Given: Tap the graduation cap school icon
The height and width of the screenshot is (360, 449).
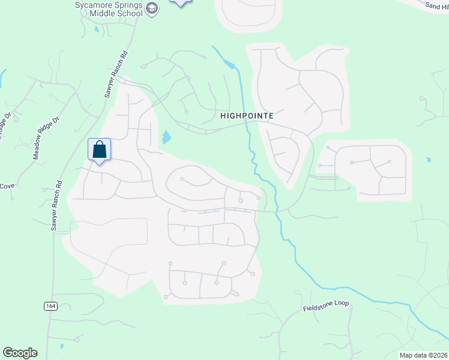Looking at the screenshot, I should click(x=152, y=8).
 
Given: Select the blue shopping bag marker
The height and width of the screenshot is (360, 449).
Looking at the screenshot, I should click(x=100, y=150).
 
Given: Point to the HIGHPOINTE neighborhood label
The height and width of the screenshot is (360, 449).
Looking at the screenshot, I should click(x=247, y=115).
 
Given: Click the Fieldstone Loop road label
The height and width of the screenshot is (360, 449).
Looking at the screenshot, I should click(x=325, y=304).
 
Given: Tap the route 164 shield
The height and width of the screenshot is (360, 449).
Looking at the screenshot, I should click(x=50, y=306).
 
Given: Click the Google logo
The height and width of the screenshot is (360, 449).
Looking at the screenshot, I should click(x=20, y=353).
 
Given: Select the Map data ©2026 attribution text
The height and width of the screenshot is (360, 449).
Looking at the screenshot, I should click(x=423, y=355).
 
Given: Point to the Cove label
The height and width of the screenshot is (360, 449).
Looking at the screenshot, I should click(x=7, y=186).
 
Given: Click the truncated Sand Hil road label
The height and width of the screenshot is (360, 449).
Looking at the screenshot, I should click(x=436, y=5).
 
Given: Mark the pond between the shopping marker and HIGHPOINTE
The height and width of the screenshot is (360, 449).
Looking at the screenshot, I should click(x=166, y=137).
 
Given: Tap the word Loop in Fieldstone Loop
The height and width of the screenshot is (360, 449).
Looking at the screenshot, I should click(x=340, y=304).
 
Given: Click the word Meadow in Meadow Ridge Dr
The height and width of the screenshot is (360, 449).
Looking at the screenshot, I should click(x=40, y=150).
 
